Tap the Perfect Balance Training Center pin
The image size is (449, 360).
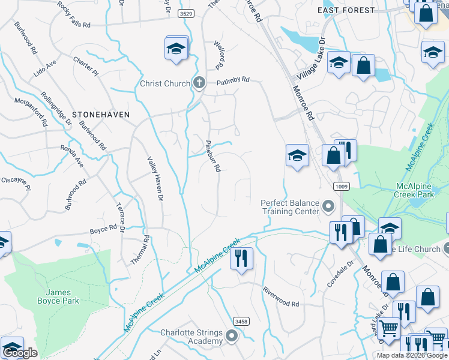[328, 206]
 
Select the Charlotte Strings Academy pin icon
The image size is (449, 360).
[231, 337]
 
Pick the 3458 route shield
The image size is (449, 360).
[241, 322]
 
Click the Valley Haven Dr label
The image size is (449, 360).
[155, 178]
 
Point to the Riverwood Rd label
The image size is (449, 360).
[281, 296]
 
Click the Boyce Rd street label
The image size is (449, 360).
[103, 230]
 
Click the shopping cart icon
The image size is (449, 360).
[390, 329]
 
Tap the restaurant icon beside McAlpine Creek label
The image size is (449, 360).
[242, 258]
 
